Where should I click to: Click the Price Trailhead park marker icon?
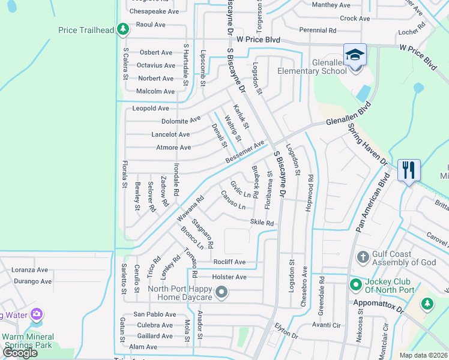point(122,29)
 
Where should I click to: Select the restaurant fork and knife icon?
point(409,170)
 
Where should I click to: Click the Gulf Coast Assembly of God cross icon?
point(362,257)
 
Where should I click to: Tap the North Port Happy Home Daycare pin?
point(221,292)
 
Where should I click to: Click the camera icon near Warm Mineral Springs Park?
point(37,314)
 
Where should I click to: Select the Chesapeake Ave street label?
point(154,11)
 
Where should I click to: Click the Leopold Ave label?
point(151,109)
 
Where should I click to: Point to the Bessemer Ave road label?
point(245,152)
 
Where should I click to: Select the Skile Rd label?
point(262,223)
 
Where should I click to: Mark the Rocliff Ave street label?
point(229,262)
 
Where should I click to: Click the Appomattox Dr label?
point(381,304)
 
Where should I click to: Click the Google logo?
point(20,353)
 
